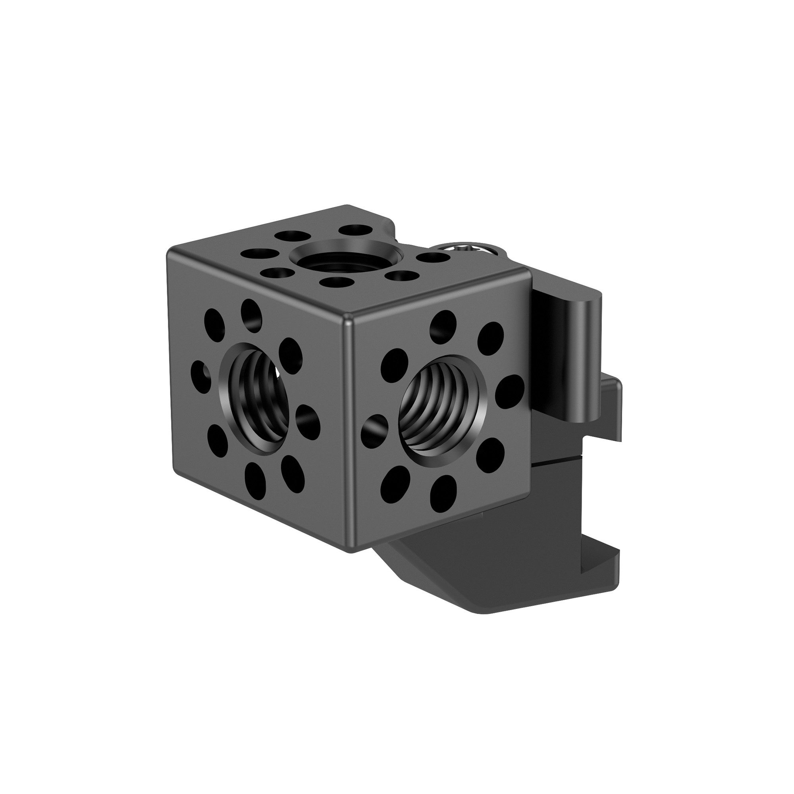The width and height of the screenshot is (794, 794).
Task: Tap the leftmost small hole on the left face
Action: pos(201,373)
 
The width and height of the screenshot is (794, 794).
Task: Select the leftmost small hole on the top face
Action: pos(258,254)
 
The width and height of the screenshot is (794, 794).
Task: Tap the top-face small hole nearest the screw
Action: pos(432,258)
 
